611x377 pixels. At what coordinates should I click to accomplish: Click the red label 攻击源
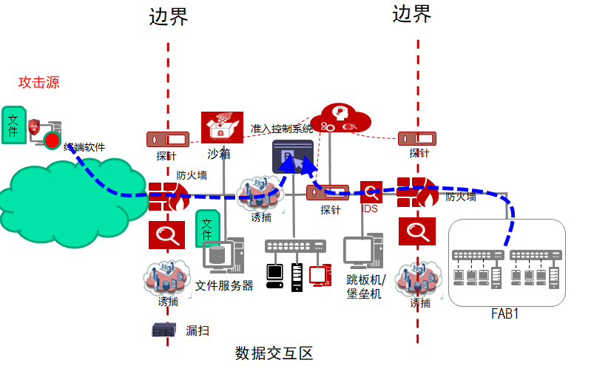38,82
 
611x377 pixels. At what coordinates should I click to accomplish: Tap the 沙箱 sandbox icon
222,127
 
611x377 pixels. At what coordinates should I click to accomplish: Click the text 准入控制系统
282,129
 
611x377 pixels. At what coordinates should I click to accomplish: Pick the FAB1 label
504,313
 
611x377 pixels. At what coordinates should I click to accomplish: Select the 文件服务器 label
224,285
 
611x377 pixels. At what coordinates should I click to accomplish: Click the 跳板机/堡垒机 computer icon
363,252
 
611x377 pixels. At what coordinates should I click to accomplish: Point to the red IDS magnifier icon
371,192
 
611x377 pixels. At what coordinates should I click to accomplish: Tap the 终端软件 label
84,147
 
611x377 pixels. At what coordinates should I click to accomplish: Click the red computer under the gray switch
320,274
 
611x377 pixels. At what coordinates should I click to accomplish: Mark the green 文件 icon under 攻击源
13,123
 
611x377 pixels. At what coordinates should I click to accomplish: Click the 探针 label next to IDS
330,210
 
